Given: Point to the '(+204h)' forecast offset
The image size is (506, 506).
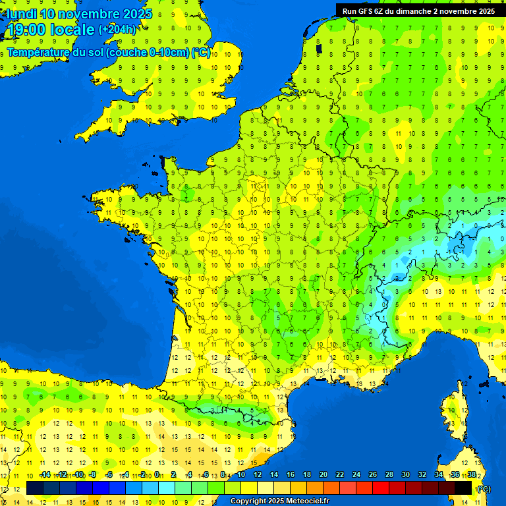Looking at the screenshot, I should click(x=117, y=30).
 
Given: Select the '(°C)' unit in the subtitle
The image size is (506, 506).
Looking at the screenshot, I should click(x=201, y=52).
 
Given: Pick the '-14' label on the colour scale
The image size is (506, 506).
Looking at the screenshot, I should click(x=45, y=474).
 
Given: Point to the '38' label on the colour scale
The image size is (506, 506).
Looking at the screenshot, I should click(x=472, y=474).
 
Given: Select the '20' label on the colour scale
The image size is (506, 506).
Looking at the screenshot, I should click(x=323, y=474).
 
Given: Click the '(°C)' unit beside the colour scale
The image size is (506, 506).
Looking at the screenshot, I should click(x=484, y=488).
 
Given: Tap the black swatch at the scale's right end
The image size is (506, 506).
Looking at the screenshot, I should click(x=463, y=488).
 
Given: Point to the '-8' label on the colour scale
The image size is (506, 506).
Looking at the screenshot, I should click(x=94, y=474).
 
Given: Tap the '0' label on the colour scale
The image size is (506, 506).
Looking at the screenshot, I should click(x=157, y=474).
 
